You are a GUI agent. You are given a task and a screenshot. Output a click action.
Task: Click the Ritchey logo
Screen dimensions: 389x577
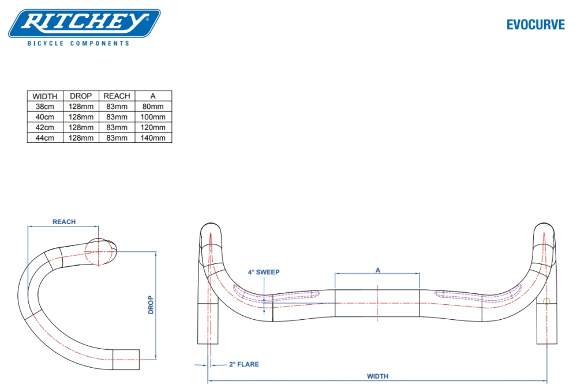pyautogui.click(x=84, y=24)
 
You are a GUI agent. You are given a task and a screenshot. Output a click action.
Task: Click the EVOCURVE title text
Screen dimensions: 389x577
pyautogui.click(x=535, y=24)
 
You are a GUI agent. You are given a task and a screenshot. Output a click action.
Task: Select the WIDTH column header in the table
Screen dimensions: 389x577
pyautogui.click(x=44, y=96)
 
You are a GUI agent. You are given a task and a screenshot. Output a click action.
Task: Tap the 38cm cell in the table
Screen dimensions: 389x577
pyautogui.click(x=44, y=107)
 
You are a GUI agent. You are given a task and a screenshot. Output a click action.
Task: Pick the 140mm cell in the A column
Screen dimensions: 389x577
pyautogui.click(x=153, y=138)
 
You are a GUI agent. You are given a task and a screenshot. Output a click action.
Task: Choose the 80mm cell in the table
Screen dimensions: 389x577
pyautogui.click(x=153, y=107)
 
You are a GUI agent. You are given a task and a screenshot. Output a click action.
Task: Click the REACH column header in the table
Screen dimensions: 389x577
pyautogui.click(x=117, y=96)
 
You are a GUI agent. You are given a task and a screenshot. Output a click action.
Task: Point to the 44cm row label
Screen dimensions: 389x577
pyautogui.click(x=44, y=138)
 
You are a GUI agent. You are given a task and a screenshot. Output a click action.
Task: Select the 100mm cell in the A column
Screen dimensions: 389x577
pyautogui.click(x=153, y=117)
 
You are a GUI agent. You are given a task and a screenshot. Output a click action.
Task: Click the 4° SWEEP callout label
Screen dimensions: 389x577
pyautogui.click(x=263, y=271)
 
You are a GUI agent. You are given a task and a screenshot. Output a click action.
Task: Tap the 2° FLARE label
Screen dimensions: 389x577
pyautogui.click(x=243, y=364)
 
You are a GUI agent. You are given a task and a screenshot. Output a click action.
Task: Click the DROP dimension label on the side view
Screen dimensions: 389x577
pyautogui.click(x=151, y=304)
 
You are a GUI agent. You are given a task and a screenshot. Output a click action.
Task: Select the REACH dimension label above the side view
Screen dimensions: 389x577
pyautogui.click(x=64, y=222)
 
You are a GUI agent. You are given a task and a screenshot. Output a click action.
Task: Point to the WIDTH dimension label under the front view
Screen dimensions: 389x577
pyautogui.click(x=377, y=376)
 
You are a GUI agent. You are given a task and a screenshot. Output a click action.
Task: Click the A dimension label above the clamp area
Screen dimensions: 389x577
pyautogui.click(x=378, y=270)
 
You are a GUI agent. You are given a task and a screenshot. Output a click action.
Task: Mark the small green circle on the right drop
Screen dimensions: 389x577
pyautogui.click(x=547, y=301)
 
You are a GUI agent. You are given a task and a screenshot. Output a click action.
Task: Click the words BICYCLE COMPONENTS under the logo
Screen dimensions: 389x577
pyautogui.click(x=78, y=43)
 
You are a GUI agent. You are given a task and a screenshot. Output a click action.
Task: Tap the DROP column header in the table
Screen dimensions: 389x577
pyautogui.click(x=81, y=96)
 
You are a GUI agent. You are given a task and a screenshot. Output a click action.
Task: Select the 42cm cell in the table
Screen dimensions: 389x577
pyautogui.click(x=44, y=127)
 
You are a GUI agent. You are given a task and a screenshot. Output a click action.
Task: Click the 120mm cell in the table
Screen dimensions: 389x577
pyautogui.click(x=153, y=127)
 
